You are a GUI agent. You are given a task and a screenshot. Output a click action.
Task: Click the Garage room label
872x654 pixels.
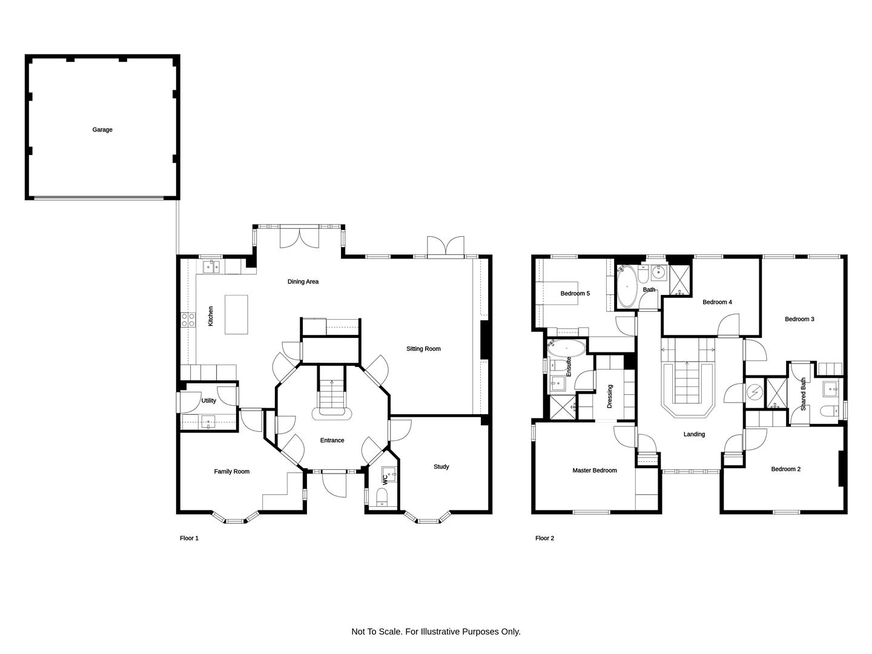click(x=102, y=130)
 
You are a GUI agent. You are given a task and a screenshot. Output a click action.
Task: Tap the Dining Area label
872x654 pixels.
click(x=303, y=282)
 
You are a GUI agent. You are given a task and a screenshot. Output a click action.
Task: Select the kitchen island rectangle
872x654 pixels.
click(x=236, y=314)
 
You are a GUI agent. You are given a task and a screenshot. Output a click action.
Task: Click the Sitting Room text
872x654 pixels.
click(x=423, y=349)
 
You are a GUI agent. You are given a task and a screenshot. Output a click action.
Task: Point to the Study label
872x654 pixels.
click(x=441, y=466)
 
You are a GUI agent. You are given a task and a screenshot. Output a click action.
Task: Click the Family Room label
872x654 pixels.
click(x=231, y=471)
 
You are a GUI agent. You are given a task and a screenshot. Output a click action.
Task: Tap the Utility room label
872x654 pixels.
click(x=208, y=401)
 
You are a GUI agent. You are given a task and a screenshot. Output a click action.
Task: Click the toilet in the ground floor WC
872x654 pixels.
click(x=381, y=497)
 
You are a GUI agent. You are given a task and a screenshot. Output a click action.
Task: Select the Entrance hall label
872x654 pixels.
click(x=332, y=440)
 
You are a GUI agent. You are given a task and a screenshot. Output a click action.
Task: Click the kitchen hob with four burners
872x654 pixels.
click(x=188, y=320)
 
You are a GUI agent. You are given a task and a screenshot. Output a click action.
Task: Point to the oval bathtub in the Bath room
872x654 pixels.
click(x=627, y=286)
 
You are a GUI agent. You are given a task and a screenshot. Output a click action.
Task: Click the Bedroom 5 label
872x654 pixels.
click(x=575, y=294)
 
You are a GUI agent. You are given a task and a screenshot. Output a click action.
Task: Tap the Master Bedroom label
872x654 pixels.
click(x=594, y=470)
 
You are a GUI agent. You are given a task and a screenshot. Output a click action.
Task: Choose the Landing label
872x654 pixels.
click(x=694, y=434)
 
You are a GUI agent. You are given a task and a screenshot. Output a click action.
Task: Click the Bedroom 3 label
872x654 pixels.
click(x=799, y=319)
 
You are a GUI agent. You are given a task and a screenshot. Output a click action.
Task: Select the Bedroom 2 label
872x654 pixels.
click(x=786, y=469)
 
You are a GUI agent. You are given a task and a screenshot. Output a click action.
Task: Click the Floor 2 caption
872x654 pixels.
click(x=544, y=538)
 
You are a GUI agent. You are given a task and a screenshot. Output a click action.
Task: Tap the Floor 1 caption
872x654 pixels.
click(x=189, y=538)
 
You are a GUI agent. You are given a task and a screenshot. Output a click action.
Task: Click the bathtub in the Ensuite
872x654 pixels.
click(x=566, y=348)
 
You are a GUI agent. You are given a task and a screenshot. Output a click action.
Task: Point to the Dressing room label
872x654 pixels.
click(x=610, y=396)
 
